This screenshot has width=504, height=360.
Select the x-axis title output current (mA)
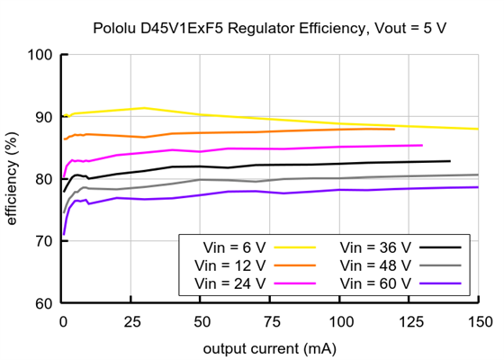coord(269,347)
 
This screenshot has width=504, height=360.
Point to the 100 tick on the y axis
coord(40,55)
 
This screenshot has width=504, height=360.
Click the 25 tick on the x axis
coord(130,320)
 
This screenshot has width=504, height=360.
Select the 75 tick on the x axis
coord(269,320)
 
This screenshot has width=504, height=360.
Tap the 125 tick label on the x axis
coord(408,320)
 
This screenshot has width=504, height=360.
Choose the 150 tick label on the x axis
coord(477,320)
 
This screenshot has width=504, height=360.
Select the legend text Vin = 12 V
coord(229,265)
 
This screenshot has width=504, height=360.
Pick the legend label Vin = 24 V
coord(229,283)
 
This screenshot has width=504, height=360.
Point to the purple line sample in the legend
coord(441,283)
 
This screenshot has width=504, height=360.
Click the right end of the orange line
coord(394,130)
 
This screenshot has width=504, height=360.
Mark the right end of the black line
coord(450,161)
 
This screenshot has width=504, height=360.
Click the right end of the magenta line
coord(422,145)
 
